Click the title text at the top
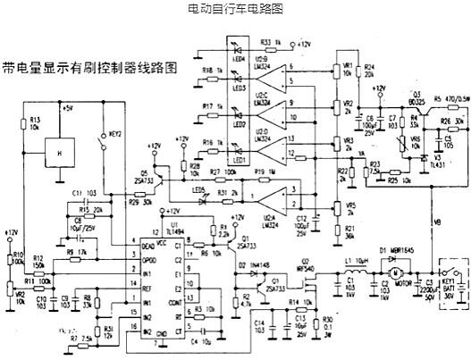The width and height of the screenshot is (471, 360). tap(234, 8)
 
